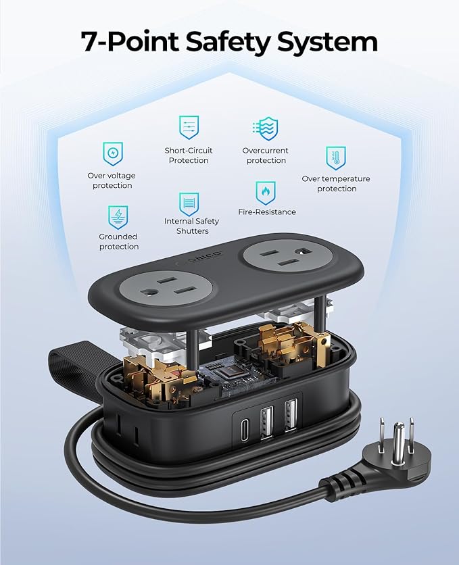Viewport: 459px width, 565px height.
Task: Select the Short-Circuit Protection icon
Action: coord(189,128)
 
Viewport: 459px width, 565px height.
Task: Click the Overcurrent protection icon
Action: coord(266,128)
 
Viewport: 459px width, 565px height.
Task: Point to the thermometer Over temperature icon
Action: coord(336,157)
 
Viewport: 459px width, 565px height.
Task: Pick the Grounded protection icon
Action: coord(118,216)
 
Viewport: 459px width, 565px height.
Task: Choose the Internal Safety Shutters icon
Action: coord(189,203)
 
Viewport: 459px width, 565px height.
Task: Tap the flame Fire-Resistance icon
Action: coord(266,193)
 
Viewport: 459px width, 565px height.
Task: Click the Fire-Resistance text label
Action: coord(267,212)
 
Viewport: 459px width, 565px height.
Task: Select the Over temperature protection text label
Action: coord(336,184)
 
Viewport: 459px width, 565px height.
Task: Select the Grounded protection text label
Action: coord(118,242)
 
